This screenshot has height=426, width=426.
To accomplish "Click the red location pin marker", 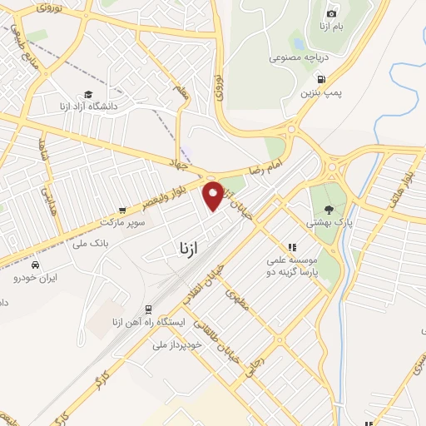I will (213, 196).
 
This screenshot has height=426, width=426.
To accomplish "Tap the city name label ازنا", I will (189, 248).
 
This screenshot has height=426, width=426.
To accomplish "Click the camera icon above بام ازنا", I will (332, 13).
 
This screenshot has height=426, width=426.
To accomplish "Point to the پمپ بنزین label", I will (320, 86).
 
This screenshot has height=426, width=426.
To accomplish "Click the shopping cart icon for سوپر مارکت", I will (123, 211).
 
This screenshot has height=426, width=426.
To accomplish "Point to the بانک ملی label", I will (92, 243).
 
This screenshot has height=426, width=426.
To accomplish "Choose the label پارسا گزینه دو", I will (293, 272).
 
